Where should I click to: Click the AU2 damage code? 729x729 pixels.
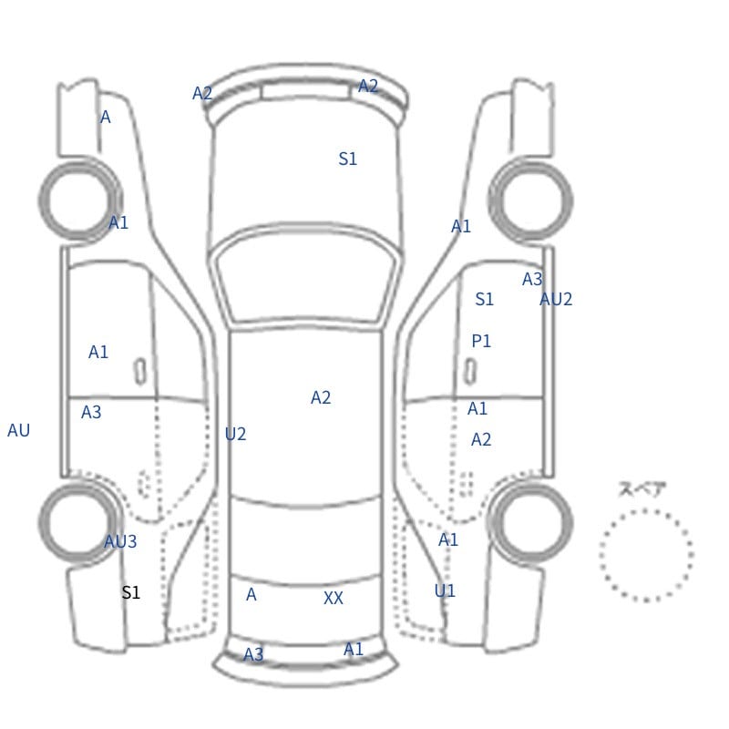556,299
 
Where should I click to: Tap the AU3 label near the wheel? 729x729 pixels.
120,541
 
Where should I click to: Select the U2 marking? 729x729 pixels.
235,435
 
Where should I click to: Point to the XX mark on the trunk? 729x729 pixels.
334,598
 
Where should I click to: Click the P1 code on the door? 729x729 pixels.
481,341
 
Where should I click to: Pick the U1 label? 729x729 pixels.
445,590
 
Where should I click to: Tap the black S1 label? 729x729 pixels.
130,593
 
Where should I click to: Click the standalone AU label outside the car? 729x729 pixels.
18,430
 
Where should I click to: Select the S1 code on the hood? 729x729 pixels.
348,159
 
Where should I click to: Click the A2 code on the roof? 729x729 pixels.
321,398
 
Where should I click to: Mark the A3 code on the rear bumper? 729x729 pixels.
253,654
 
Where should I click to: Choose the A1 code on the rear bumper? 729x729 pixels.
354,649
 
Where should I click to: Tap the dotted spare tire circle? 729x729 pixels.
646,510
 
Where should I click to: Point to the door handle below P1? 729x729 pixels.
470,372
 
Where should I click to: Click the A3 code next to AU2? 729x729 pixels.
532,280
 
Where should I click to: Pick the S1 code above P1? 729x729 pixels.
485,299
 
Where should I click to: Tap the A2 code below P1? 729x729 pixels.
481,440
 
